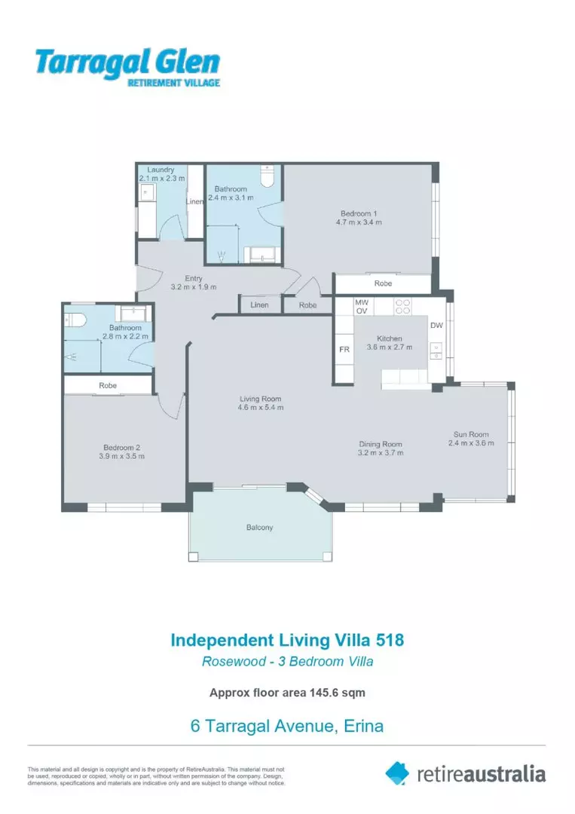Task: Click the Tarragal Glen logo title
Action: [127, 62]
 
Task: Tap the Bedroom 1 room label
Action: [359, 213]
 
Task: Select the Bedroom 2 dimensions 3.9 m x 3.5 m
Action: [121, 456]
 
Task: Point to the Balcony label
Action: [259, 527]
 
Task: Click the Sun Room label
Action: [471, 434]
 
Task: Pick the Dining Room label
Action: [380, 444]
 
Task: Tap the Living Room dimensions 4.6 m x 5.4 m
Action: [260, 408]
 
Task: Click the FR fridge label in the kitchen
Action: [344, 350]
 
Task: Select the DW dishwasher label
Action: [436, 326]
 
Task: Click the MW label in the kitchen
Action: [362, 301]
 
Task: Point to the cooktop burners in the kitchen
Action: [402, 306]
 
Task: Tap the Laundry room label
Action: [161, 170]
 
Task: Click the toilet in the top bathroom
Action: [265, 177]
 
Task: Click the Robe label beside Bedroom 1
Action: [383, 283]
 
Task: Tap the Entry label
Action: [193, 278]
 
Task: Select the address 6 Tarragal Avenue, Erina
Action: [287, 727]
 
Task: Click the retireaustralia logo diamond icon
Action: [397, 773]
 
